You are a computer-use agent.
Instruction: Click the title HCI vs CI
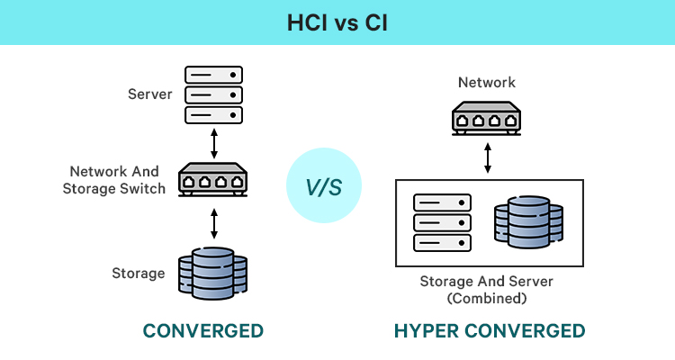pos(337,22)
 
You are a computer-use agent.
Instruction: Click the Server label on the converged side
pos(150,94)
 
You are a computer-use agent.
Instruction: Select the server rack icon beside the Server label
pos(213,94)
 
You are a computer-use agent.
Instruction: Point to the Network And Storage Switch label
pos(115,179)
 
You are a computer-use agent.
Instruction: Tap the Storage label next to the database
pos(139,274)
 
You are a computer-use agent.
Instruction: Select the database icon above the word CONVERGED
pos(213,274)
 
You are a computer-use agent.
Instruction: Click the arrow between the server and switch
pos(213,141)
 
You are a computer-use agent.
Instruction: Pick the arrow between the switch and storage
pos(213,223)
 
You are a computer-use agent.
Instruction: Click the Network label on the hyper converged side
pos(487,83)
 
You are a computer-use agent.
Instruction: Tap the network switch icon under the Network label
pos(487,117)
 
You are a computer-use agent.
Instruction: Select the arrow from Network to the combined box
pos(487,157)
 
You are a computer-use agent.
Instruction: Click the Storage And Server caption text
pos(486,282)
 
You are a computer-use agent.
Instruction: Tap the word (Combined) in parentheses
pos(486,298)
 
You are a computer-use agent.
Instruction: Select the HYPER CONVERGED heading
pos(489,331)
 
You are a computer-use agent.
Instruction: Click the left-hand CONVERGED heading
pos(203,331)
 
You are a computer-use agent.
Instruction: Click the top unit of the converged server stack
pos(213,74)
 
